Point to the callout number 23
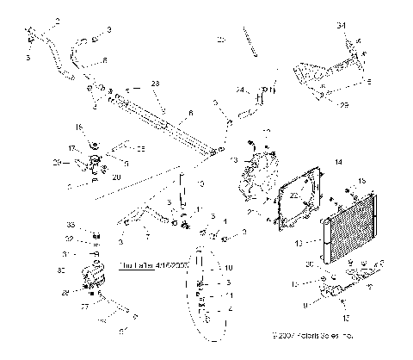[x=156, y=83]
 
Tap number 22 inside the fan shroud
[x=295, y=196]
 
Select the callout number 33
[x=96, y=226]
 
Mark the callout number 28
[x=89, y=293]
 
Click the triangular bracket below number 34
[x=328, y=69]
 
